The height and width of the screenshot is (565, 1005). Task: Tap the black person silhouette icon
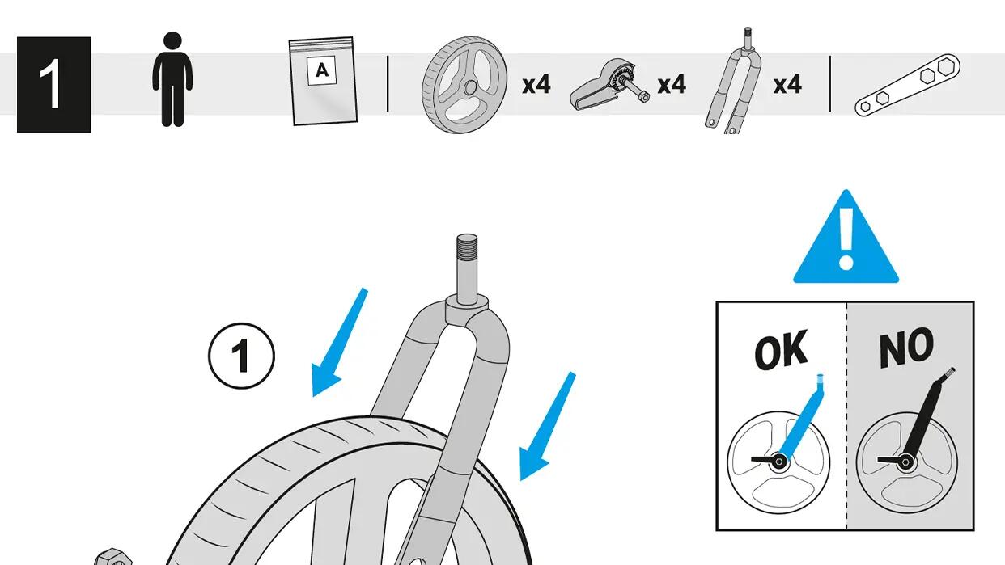point(172,79)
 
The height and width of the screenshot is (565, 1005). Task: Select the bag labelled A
point(323,81)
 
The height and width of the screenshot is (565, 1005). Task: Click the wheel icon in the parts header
point(464,85)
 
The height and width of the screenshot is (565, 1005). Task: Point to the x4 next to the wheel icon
point(536,84)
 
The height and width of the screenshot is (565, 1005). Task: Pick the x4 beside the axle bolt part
point(671,84)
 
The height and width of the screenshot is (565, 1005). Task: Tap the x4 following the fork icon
point(787,84)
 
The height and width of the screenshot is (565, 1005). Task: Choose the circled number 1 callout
point(241,356)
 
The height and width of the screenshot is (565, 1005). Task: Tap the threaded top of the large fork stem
point(467,246)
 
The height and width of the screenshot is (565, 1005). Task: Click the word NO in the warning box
point(906,347)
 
